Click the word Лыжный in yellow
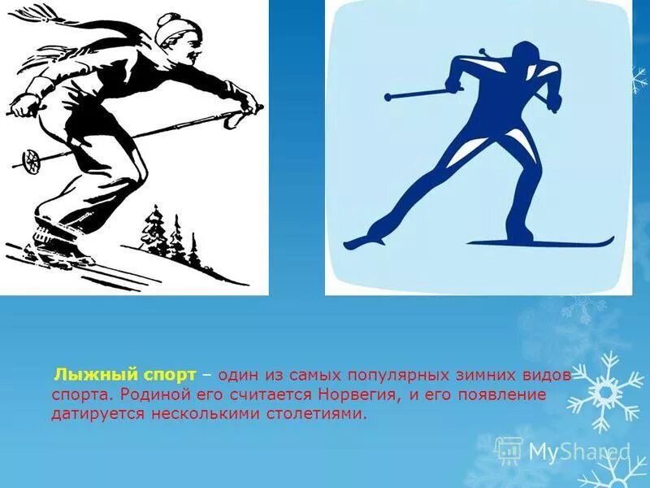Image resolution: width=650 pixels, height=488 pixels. [x=84, y=375]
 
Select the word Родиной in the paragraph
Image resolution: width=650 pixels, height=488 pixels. [x=151, y=394]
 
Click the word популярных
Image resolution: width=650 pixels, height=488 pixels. [x=387, y=375]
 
